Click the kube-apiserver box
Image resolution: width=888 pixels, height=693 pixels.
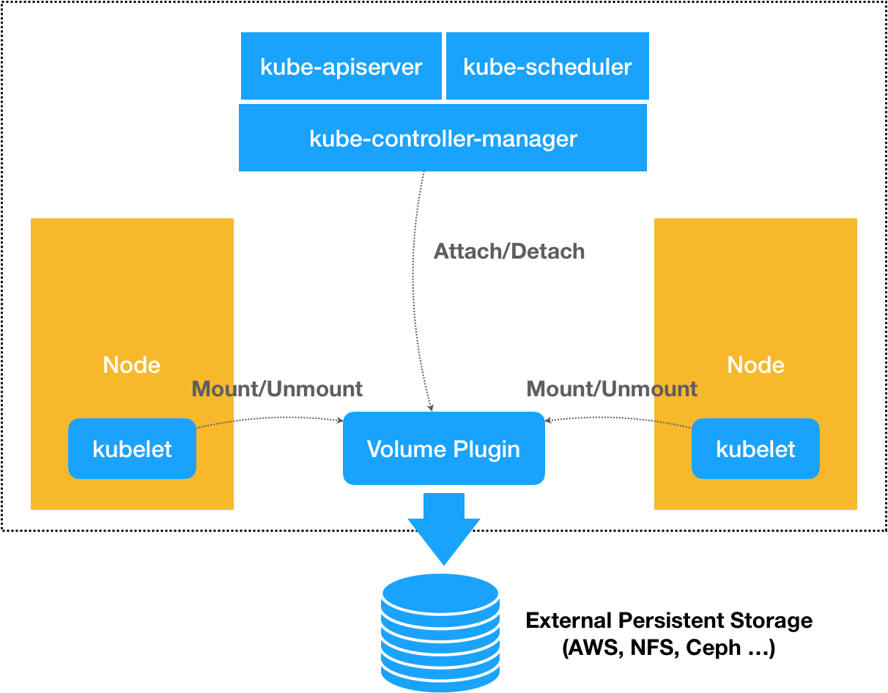coord(341,66)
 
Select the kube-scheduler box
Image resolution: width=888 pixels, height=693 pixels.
coord(547,66)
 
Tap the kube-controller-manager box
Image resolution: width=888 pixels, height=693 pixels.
coord(443,138)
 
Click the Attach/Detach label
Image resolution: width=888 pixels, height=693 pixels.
coord(510,251)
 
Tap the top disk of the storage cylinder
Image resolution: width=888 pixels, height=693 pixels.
coord(440,592)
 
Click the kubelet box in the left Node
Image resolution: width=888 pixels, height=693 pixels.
coord(132,449)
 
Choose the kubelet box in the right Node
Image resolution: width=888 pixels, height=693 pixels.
coord(755,449)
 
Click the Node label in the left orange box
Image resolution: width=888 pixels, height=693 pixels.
coord(132,365)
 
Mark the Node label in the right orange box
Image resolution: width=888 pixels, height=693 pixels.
coord(755,365)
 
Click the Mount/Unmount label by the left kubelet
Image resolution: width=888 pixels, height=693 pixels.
coord(277,389)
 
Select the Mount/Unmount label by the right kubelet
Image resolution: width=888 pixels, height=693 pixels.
coord(612,389)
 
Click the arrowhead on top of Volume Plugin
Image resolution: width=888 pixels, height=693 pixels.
coord(432,408)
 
